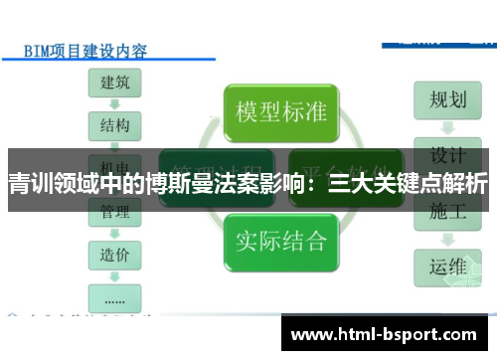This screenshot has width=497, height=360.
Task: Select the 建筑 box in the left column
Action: [114, 82]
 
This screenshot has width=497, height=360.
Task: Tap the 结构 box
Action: [114, 125]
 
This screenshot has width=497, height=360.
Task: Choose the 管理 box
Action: [114, 210]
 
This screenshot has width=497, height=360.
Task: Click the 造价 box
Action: [114, 254]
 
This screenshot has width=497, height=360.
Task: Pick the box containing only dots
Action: [114, 295]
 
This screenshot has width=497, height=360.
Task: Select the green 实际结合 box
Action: [281, 239]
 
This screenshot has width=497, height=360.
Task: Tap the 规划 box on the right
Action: [447, 99]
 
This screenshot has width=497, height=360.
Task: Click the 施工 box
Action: [447, 210]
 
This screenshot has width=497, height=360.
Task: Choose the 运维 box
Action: [447, 266]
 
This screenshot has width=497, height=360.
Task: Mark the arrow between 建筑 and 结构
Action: [114, 103]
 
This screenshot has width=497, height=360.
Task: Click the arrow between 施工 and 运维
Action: [447, 239]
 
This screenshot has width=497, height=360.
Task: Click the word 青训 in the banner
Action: [31, 185]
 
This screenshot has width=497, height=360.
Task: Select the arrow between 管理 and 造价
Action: [114, 232]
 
